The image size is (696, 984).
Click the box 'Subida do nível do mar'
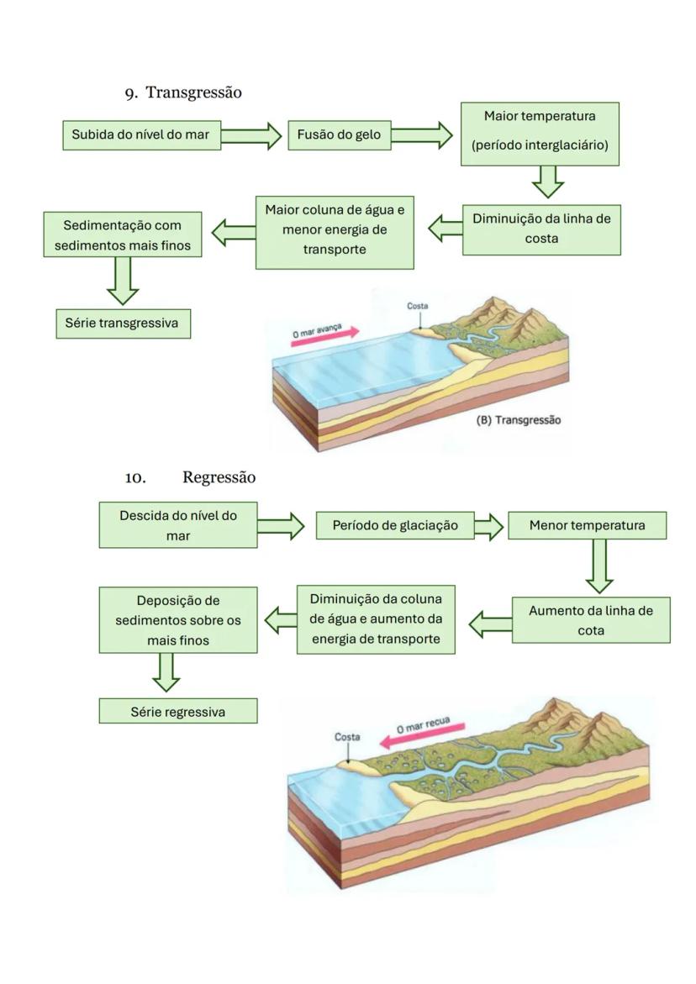click(141, 135)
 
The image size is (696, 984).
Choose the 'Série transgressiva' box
click(123, 324)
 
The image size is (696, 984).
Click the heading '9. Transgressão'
click(184, 93)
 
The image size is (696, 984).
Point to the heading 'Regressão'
click(219, 477)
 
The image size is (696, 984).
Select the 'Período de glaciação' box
click(395, 526)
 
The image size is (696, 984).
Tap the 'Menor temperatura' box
click(587, 526)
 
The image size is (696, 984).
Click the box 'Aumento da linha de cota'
click(590, 620)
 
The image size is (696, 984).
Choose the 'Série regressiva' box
click(178, 712)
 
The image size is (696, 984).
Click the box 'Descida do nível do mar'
click(178, 525)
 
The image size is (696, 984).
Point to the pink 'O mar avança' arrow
click(325, 333)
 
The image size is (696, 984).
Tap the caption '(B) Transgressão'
click(519, 420)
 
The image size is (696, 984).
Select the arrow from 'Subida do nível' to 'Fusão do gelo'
click(251, 135)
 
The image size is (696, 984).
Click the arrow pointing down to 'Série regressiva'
click(166, 671)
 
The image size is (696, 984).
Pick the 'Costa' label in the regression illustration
click(347, 737)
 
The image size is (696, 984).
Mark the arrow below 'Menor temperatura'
click(600, 566)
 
